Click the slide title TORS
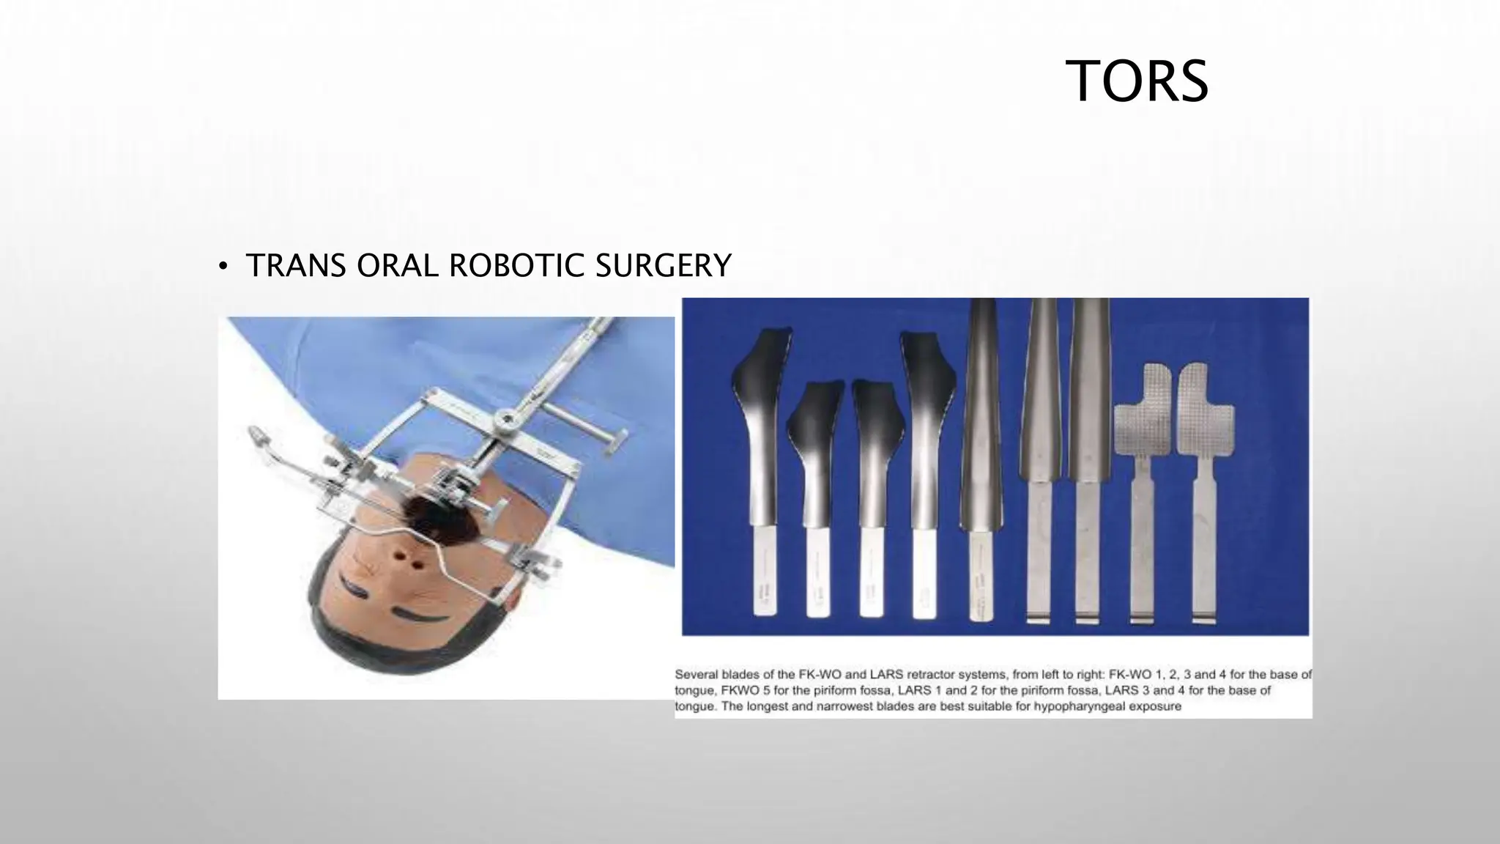[x=1136, y=81]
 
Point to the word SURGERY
[x=663, y=265]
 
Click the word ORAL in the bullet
[x=397, y=265]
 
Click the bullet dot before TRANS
[x=223, y=267]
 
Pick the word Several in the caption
[x=697, y=674]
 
